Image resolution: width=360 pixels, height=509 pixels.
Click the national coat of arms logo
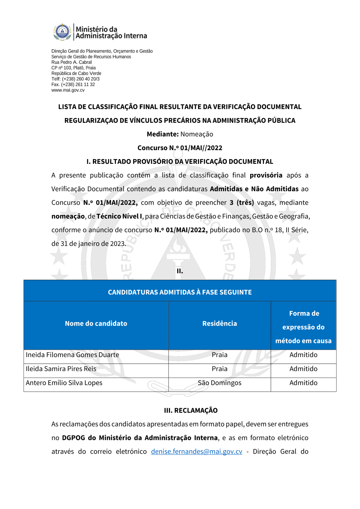pyautogui.click(x=63, y=32)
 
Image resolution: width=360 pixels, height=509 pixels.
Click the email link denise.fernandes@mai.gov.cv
pyautogui.click(x=197, y=451)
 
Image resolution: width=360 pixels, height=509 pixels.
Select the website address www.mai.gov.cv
pyautogui.click(x=68, y=90)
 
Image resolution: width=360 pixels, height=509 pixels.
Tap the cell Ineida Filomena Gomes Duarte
pyautogui.click(x=72, y=355)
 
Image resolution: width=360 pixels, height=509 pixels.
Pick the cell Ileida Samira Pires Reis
pyautogui.click(x=61, y=369)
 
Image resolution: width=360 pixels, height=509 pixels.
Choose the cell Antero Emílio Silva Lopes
pyautogui.click(x=64, y=383)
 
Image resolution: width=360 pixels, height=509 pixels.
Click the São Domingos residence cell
pyautogui.click(x=220, y=383)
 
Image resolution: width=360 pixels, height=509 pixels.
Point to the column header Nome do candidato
pyautogui.click(x=96, y=324)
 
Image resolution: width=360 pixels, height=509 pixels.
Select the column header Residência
pyautogui.click(x=220, y=324)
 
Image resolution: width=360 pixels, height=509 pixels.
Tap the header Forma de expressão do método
pyautogui.click(x=303, y=327)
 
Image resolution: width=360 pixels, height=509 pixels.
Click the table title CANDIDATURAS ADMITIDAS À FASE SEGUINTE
pyautogui.click(x=180, y=292)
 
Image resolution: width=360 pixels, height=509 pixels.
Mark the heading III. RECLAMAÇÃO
pyautogui.click(x=191, y=410)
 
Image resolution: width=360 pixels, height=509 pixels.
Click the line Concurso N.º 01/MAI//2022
pyautogui.click(x=180, y=148)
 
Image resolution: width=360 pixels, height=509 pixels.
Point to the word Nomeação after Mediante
pyautogui.click(x=197, y=134)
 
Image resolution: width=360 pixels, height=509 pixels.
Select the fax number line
pyautogui.click(x=73, y=85)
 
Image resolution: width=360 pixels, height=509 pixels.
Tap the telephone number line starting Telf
pyautogui.click(x=76, y=79)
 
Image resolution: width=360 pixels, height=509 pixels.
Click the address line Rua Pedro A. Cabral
pyautogui.click(x=72, y=62)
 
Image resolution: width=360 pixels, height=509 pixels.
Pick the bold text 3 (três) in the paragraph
pyautogui.click(x=242, y=203)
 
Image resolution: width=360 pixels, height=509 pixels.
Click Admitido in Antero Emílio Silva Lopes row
pyautogui.click(x=303, y=383)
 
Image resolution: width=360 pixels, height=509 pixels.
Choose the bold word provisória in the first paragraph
pyautogui.click(x=266, y=175)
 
